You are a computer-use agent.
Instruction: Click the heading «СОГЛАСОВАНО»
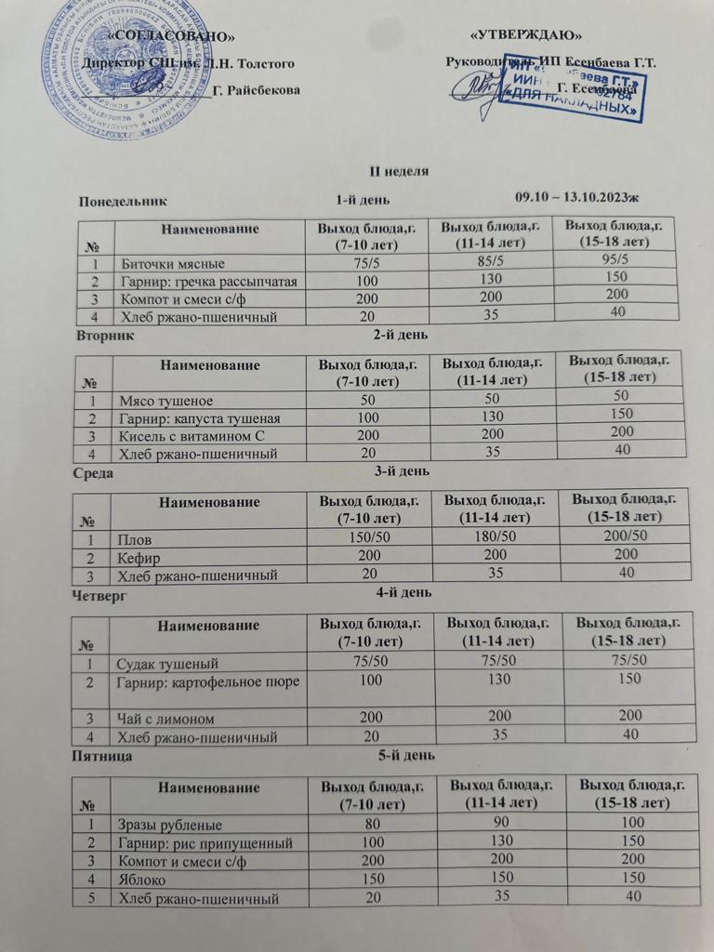click(172, 36)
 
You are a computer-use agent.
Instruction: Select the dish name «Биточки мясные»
click(172, 263)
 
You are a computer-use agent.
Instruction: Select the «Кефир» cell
click(139, 559)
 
